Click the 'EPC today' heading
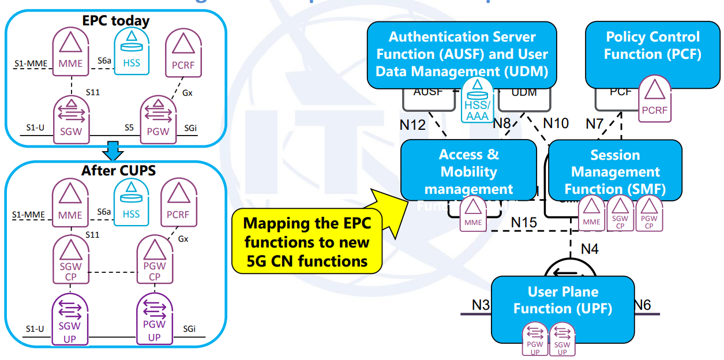[115, 21]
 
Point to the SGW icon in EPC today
[71, 117]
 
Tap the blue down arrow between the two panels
[114, 153]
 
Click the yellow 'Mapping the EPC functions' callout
[307, 242]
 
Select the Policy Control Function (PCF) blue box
[652, 54]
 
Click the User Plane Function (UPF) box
[562, 309]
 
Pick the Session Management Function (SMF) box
[615, 171]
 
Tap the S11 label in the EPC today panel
[92, 91]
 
